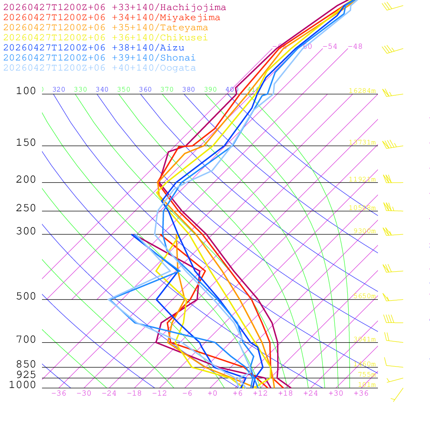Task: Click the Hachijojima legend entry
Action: (115, 8)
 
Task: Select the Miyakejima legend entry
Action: (112, 18)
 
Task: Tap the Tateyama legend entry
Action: (105, 28)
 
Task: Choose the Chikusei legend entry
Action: (105, 38)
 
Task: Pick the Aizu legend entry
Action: (94, 48)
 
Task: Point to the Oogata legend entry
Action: (100, 68)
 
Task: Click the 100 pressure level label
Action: (26, 91)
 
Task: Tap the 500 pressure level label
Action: (26, 297)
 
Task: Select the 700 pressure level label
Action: (26, 340)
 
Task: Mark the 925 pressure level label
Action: (26, 375)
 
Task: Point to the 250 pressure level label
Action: (26, 208)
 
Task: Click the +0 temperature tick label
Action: (212, 393)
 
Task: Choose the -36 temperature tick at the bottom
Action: (58, 393)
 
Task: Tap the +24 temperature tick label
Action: (311, 393)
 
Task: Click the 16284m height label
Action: (362, 91)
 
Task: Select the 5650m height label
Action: (364, 296)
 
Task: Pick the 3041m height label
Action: (364, 339)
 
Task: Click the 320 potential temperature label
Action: (59, 89)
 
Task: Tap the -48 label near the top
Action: (355, 46)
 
